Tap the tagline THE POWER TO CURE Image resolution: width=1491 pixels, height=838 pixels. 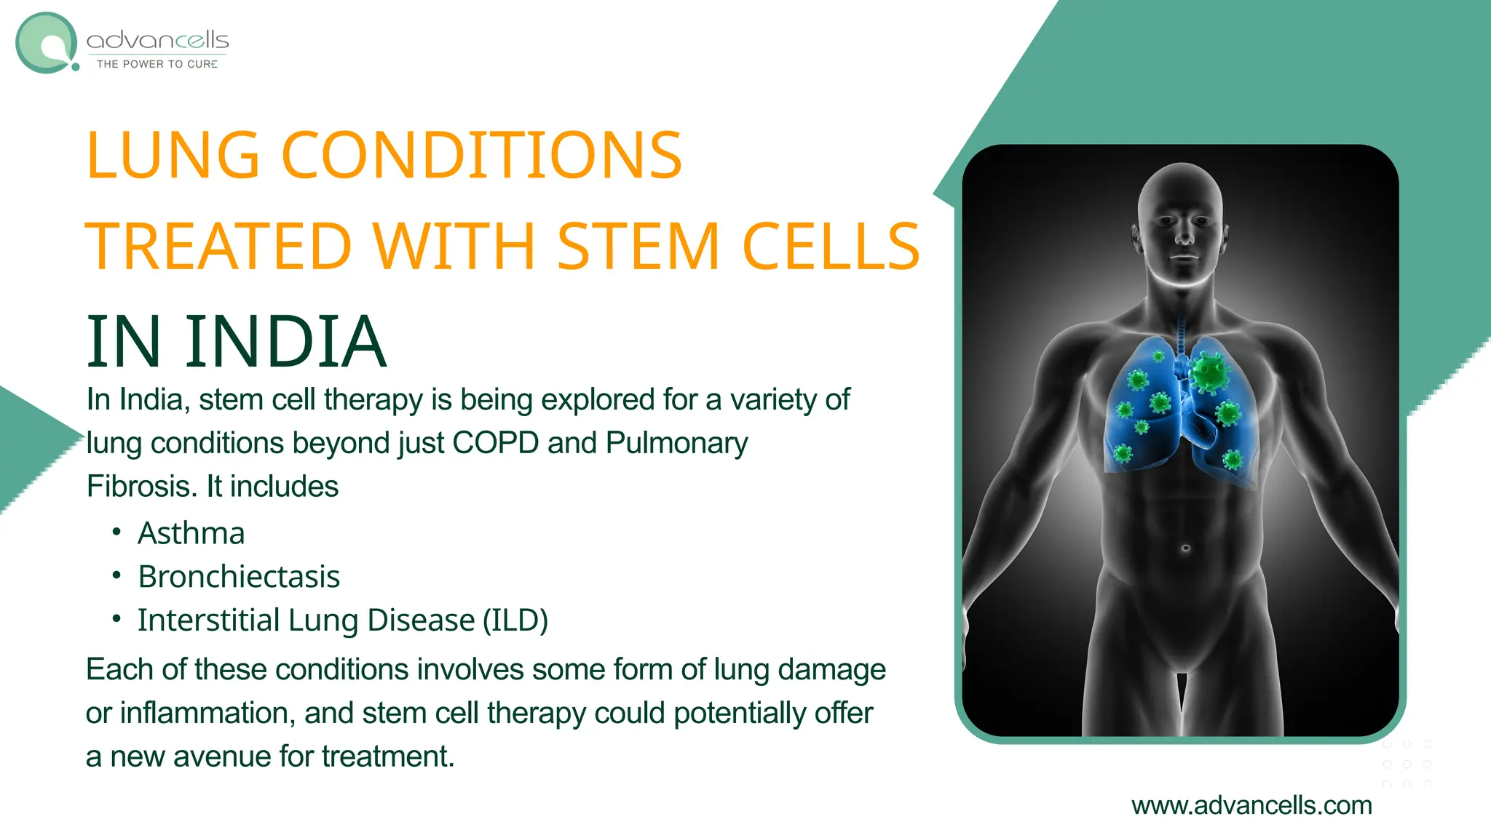157,64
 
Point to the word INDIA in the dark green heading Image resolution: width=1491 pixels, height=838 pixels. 285,341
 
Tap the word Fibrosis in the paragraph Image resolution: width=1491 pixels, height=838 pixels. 142,487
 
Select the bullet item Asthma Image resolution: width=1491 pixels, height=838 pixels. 191,533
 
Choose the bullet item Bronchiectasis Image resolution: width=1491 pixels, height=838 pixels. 239,577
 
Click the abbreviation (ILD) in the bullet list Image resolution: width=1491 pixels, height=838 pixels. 515,620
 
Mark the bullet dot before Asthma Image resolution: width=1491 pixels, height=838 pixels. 116,532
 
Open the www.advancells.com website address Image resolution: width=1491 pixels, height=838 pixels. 1251,805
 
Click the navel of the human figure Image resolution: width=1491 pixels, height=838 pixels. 1185,548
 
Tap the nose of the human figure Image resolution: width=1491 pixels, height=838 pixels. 1185,236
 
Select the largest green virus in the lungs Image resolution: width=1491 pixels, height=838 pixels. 1209,372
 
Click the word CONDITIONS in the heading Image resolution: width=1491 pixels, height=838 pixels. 481,155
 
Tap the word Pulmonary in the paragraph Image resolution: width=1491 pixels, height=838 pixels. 676,443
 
